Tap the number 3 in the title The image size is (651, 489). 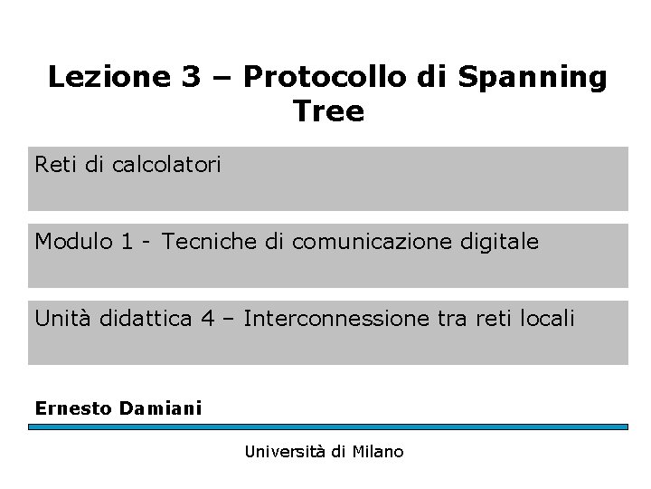192,78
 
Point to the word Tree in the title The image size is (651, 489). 328,112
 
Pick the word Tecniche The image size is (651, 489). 202,242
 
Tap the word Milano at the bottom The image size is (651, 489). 379,451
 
